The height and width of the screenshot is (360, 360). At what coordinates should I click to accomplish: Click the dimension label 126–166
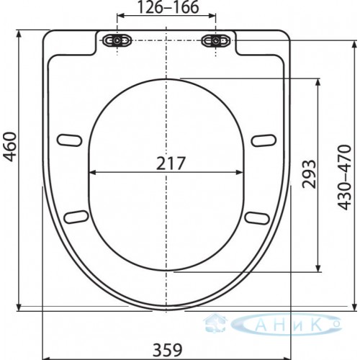click(x=168, y=7)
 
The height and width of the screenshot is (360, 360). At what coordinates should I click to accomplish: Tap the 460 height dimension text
click(x=10, y=147)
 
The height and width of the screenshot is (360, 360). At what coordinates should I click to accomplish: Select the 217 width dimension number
click(x=171, y=163)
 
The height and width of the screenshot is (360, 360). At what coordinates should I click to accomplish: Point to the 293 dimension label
click(x=309, y=174)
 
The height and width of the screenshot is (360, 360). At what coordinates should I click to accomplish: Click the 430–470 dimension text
click(x=345, y=177)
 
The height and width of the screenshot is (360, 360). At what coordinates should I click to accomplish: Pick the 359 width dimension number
click(x=168, y=350)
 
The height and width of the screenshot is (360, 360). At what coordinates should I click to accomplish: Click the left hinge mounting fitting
click(x=117, y=40)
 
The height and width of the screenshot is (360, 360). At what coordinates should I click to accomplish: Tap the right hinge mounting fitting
click(x=216, y=40)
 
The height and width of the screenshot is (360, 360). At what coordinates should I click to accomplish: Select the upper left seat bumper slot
click(x=69, y=140)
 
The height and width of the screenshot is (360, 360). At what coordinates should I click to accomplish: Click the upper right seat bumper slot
click(x=264, y=140)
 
